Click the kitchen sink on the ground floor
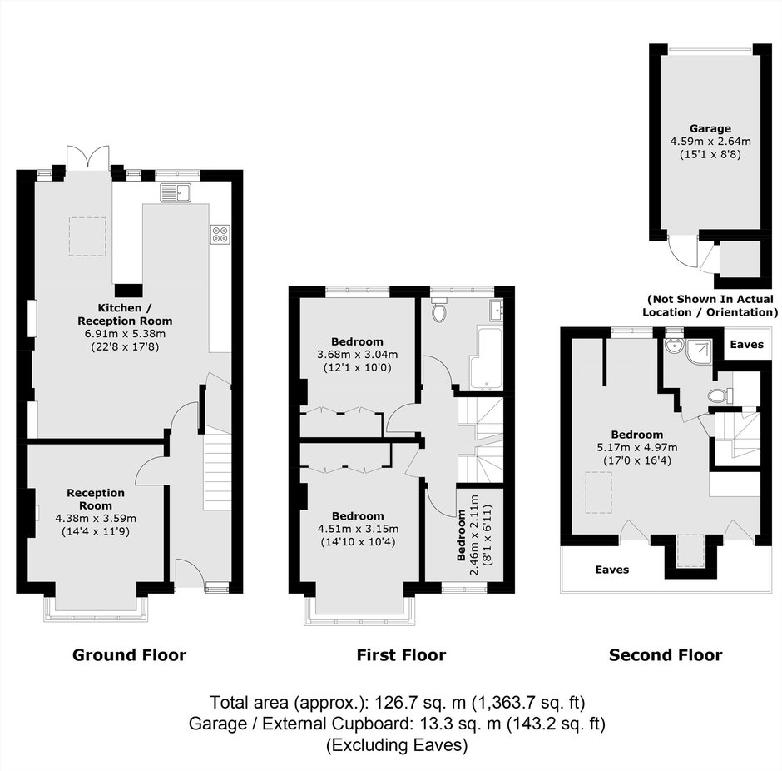point(176,192)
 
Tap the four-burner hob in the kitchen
point(220,235)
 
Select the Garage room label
point(710,128)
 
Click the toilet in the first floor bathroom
point(439,310)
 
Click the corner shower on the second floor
point(699,350)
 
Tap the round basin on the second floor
point(674,346)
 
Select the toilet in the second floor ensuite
point(720,395)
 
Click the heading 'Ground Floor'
point(129,654)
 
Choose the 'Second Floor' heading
point(666,654)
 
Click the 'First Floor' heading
point(401,654)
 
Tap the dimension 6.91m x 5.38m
point(125,334)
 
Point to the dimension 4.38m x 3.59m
point(96,519)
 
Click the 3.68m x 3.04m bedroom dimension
point(357,355)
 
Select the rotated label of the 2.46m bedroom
point(462,535)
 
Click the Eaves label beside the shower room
point(746,345)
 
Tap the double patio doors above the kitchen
point(88,157)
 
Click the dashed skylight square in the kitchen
point(87,236)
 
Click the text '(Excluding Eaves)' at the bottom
point(397,745)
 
